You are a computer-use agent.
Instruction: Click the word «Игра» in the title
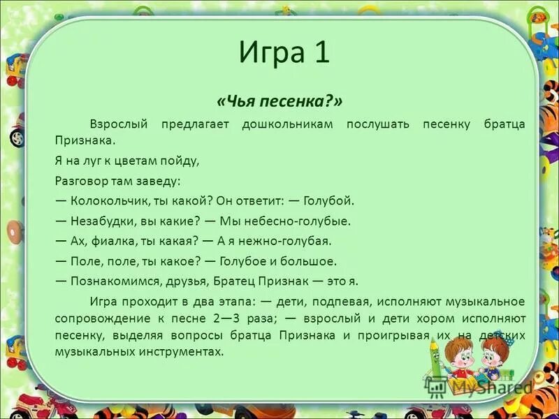(269, 53)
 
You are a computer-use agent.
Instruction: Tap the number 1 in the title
(321, 53)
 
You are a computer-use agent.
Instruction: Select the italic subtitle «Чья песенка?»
(279, 102)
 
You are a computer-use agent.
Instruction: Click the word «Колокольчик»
(104, 200)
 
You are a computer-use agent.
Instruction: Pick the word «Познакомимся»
(112, 281)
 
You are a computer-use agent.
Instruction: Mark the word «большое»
(313, 260)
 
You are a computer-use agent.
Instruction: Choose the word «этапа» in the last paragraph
(235, 301)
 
